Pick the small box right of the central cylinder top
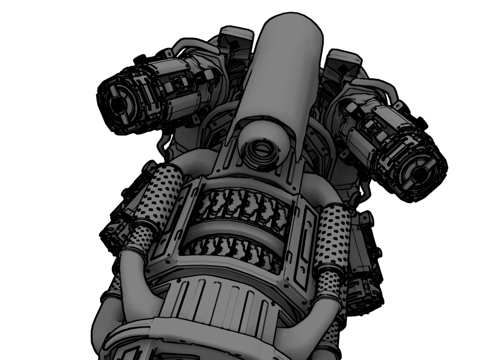point(341,62)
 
